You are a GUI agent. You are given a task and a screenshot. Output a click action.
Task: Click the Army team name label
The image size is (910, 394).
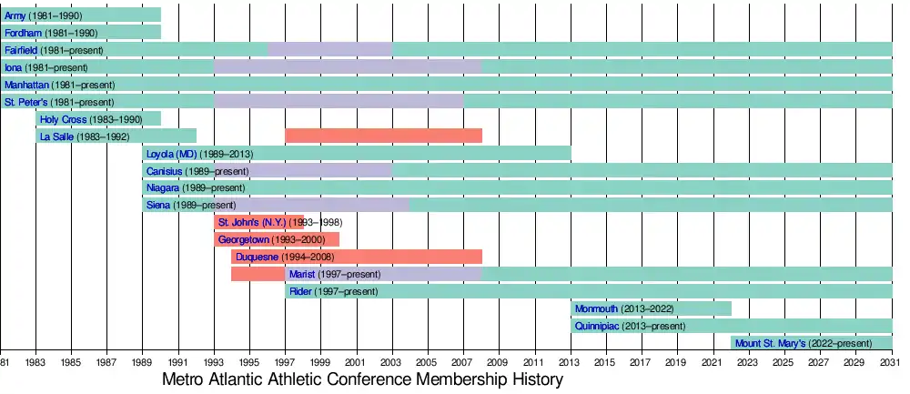(15, 15)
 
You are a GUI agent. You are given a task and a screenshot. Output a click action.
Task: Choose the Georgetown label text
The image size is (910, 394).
(244, 239)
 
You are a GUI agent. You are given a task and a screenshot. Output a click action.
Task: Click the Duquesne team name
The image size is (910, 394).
(258, 257)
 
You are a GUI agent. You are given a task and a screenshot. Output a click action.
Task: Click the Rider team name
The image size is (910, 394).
(300, 291)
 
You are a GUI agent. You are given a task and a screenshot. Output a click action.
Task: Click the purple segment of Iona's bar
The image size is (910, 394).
(347, 67)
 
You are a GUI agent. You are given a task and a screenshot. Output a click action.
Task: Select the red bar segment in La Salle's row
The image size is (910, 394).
(383, 136)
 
